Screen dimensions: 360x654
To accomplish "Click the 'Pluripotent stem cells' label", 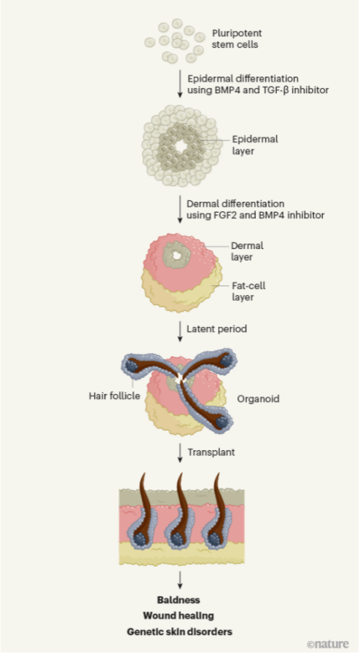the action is point(237,39).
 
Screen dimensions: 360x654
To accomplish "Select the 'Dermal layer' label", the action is point(247,251).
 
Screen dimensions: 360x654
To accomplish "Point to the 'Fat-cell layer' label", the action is point(249,291).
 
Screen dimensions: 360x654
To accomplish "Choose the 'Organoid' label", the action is point(258,399).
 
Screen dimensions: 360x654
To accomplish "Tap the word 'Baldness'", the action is point(179,600).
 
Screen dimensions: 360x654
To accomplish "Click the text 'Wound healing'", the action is point(179,616).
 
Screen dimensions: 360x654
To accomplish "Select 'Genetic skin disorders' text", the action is point(179,632).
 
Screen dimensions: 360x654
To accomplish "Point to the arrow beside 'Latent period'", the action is point(180,331).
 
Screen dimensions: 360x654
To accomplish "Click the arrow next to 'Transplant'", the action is point(180,454).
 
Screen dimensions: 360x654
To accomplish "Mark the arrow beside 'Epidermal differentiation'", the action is point(180,84).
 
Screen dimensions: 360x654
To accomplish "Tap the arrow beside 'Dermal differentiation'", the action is point(180,208).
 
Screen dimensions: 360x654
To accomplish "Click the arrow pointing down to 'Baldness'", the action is point(180,580).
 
